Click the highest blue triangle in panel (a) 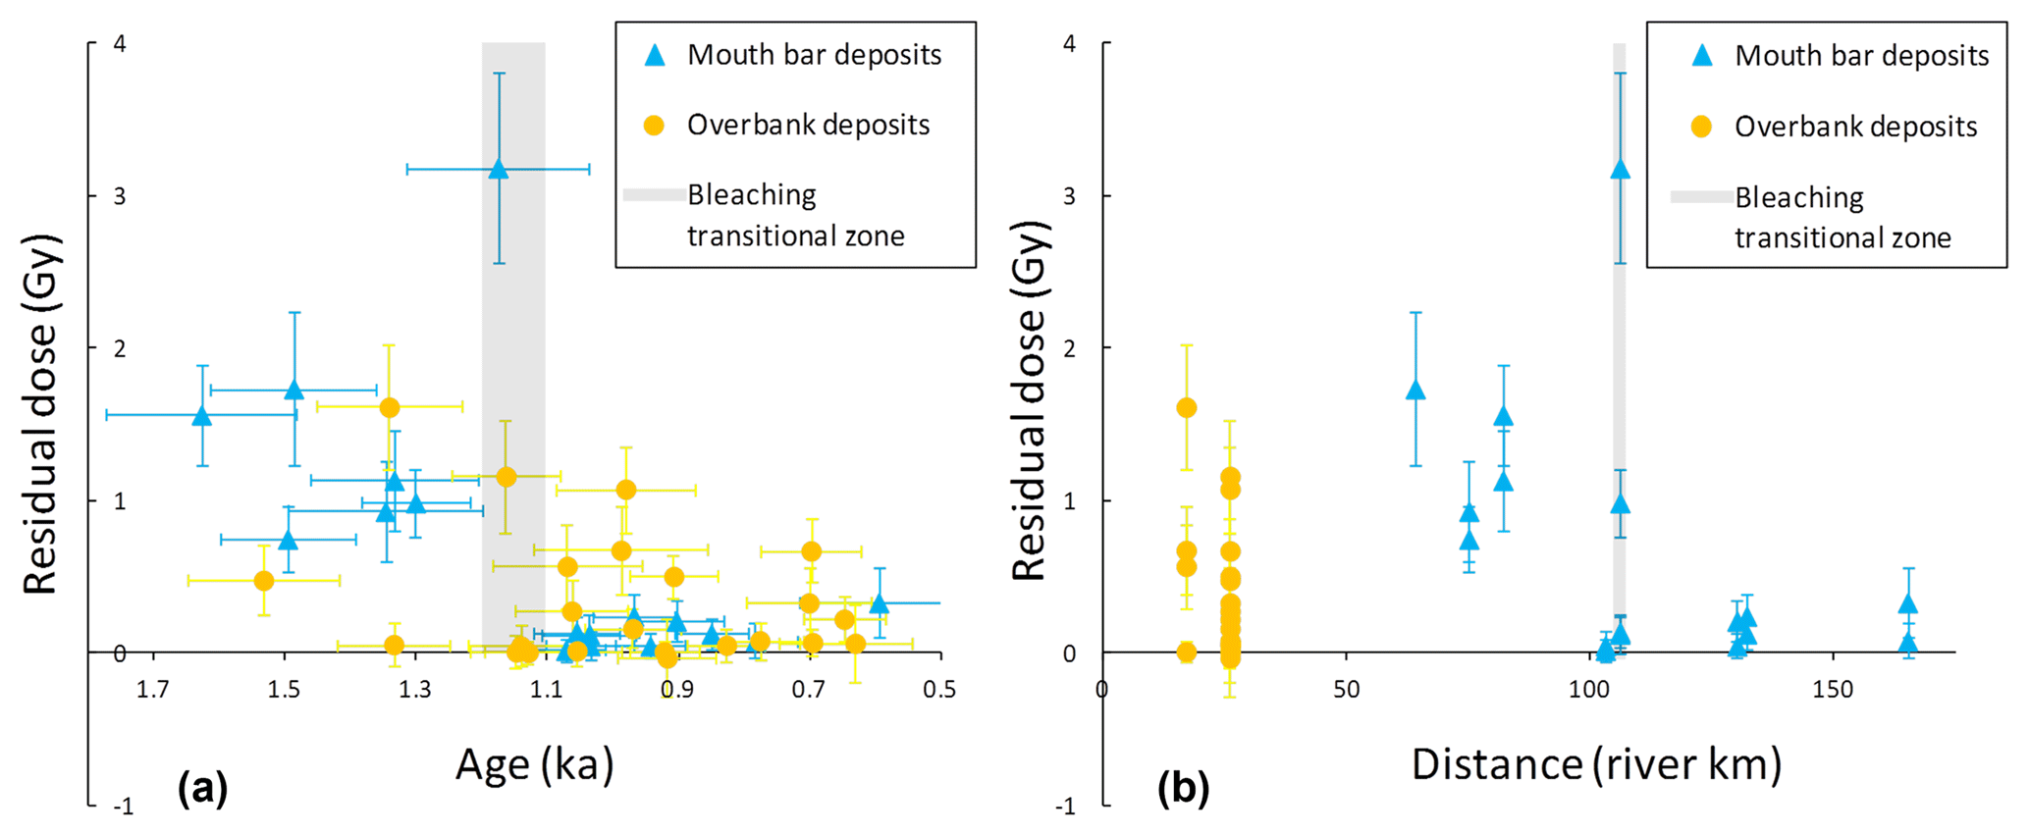tap(499, 169)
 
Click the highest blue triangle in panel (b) tap(1620, 169)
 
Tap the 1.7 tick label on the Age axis tap(153, 690)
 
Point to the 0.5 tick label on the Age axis tap(939, 690)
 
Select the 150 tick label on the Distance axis tap(1832, 690)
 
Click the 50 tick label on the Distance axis tap(1347, 690)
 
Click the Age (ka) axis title tap(535, 764)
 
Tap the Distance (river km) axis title tap(1596, 764)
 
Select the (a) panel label tap(203, 788)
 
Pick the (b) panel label tap(1184, 788)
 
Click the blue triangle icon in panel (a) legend tap(654, 55)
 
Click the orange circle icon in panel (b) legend tap(1701, 127)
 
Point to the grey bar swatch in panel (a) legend tap(654, 195)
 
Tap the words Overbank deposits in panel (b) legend tap(1855, 127)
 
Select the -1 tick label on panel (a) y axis tap(123, 807)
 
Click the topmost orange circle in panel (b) tap(1187, 407)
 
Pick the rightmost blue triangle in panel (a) tap(880, 603)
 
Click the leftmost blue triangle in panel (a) tap(202, 415)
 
